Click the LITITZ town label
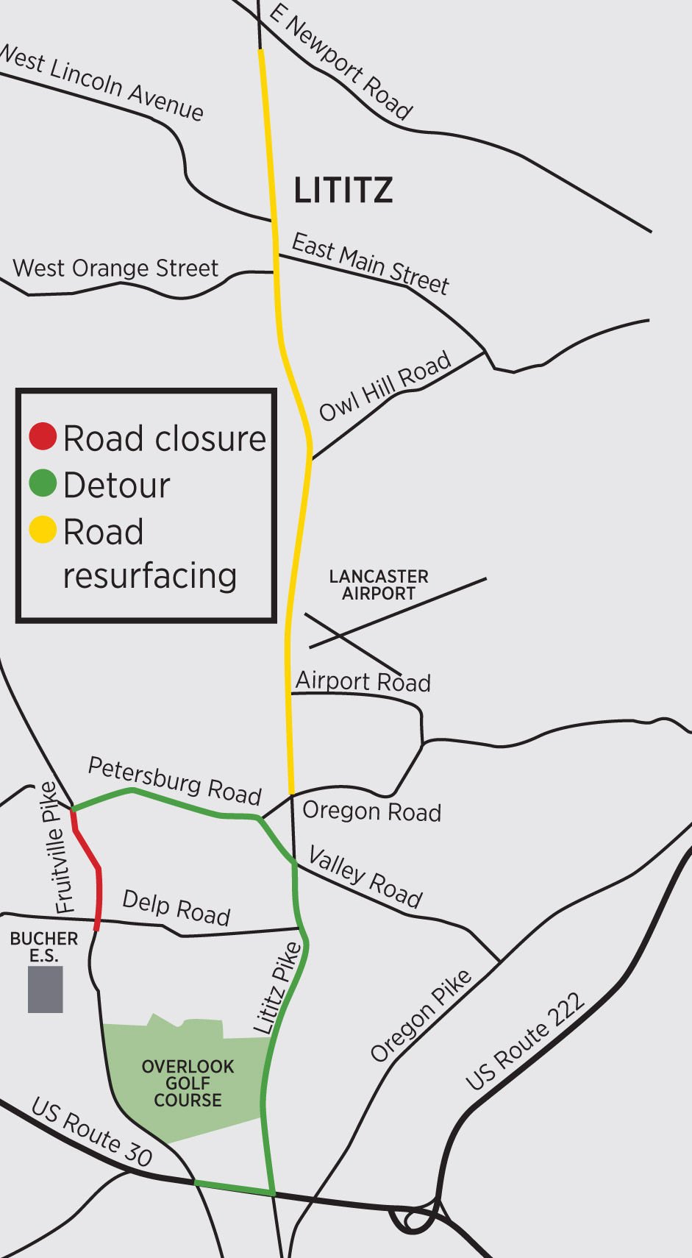click(x=343, y=191)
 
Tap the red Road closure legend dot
click(x=43, y=436)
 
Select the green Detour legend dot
click(x=43, y=483)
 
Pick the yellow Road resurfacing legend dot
click(x=43, y=530)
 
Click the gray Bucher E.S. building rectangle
click(x=45, y=989)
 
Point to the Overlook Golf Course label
click(x=188, y=1083)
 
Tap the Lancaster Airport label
click(x=379, y=585)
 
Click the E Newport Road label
click(x=340, y=62)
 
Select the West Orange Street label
click(x=115, y=268)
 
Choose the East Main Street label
click(x=370, y=263)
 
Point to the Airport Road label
click(x=363, y=681)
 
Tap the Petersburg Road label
click(x=175, y=781)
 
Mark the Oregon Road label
click(x=371, y=811)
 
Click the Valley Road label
click(x=365, y=877)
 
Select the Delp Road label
click(x=176, y=907)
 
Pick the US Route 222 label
click(x=525, y=1040)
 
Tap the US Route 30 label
click(x=92, y=1131)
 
